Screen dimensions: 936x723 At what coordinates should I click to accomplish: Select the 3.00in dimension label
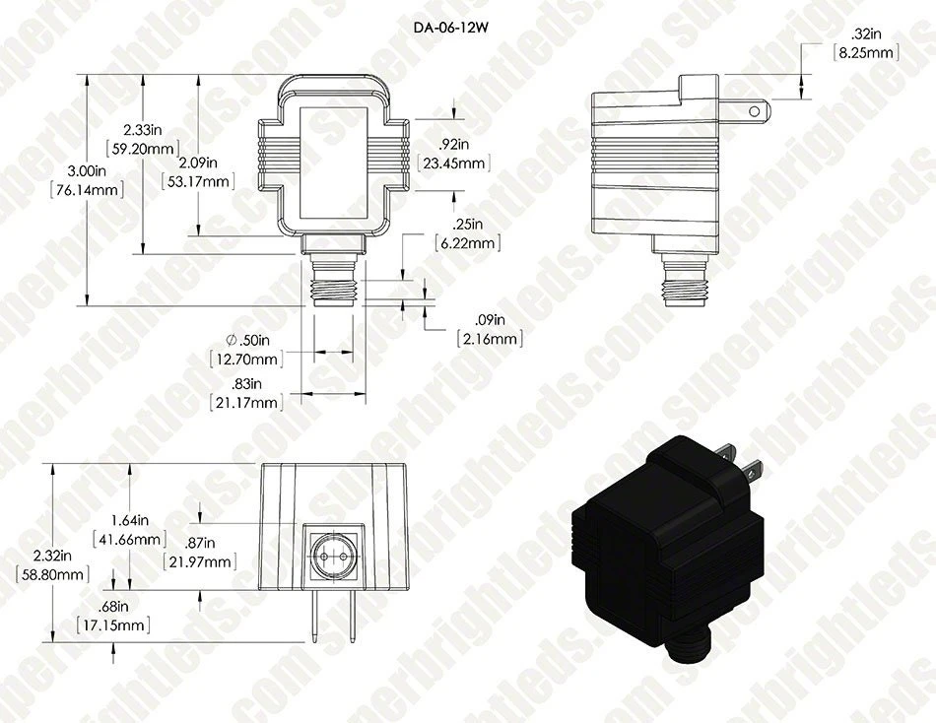click(87, 170)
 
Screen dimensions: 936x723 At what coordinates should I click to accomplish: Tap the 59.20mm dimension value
click(143, 148)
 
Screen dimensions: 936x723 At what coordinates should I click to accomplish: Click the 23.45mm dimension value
click(453, 163)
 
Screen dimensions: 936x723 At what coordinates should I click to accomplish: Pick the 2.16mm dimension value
click(490, 339)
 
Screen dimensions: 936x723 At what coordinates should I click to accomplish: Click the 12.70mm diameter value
click(246, 360)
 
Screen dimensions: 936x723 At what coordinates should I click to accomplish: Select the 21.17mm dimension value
click(246, 403)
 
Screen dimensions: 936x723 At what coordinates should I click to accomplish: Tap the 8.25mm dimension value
click(866, 52)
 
